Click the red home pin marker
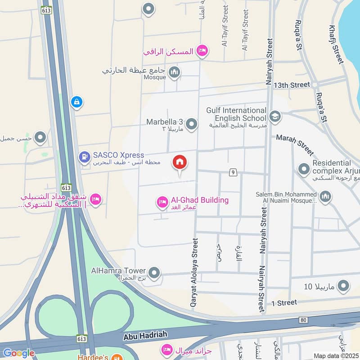(180, 163)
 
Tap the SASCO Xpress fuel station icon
(84, 157)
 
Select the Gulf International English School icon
(275, 117)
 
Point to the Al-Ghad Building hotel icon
(162, 202)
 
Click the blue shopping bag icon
(76, 102)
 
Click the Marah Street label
(295, 145)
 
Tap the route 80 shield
(303, 319)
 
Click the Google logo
(19, 353)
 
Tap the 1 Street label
(284, 303)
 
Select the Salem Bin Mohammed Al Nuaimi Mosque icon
(325, 196)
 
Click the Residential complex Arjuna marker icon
(304, 170)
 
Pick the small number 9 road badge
(233, 172)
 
